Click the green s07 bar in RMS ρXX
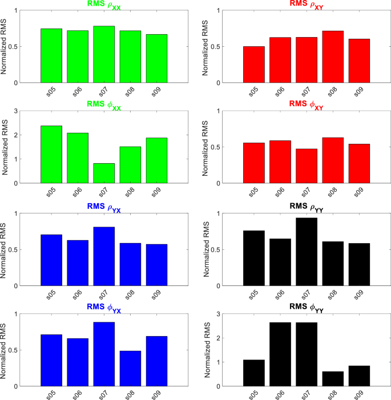coord(104,54)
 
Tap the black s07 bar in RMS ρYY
coord(307,252)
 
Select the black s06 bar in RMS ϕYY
coord(280,354)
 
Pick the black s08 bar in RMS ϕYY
coord(333,379)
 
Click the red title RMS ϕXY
coord(307,104)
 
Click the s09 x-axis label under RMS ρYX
coord(158,295)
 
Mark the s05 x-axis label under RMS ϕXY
coord(253,193)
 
